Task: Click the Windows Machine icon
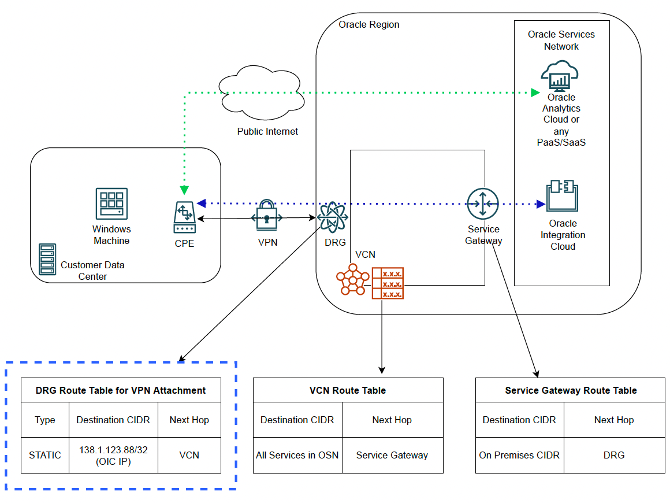click(111, 204)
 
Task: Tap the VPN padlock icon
click(266, 215)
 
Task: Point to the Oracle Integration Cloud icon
click(563, 197)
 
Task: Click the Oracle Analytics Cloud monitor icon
click(560, 76)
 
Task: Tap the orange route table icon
click(388, 283)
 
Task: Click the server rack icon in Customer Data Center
click(47, 259)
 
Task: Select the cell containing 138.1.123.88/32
click(113, 455)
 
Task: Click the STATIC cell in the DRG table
click(45, 455)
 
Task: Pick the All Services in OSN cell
click(297, 455)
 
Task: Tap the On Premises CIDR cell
click(519, 455)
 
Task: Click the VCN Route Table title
click(348, 390)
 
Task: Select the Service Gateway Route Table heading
click(571, 390)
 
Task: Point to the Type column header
click(45, 420)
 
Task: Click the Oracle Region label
click(368, 24)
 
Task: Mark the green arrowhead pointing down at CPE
click(184, 190)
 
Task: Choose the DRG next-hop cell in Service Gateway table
click(614, 455)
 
